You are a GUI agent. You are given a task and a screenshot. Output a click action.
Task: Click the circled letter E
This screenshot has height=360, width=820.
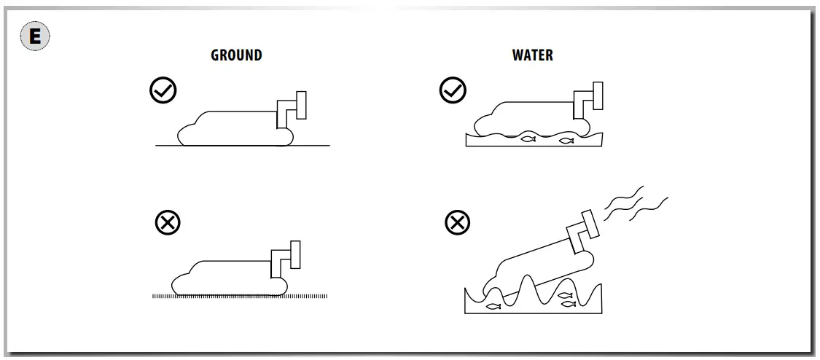pos(34,36)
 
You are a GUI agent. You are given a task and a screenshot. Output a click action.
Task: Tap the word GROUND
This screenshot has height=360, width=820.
pos(236,55)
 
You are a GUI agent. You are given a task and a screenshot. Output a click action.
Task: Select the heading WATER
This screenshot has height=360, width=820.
pos(532,55)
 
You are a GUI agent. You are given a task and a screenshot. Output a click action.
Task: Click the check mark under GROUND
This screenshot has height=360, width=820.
pos(163,91)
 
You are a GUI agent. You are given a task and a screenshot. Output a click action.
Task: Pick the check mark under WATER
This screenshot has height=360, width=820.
pos(453,91)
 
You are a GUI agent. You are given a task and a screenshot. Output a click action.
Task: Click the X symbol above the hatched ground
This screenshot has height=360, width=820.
pos(168,222)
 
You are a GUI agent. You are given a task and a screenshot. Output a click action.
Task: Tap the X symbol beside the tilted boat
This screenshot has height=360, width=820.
pos(458,222)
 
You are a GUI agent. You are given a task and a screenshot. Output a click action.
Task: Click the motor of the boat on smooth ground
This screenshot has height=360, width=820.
pos(294,108)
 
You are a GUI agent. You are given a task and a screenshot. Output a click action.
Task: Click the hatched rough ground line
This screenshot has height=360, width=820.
pos(240,296)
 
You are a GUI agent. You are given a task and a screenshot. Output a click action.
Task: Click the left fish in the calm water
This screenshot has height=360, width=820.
pos(528,138)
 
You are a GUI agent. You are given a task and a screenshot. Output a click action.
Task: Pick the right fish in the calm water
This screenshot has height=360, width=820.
pos(566,140)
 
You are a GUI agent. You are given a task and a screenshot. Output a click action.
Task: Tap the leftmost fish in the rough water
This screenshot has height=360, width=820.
pos(493,306)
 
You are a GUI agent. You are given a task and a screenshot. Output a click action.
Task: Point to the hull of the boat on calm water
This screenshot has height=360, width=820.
pos(525,120)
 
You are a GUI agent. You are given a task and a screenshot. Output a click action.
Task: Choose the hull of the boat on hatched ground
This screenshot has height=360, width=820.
pos(226,277)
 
